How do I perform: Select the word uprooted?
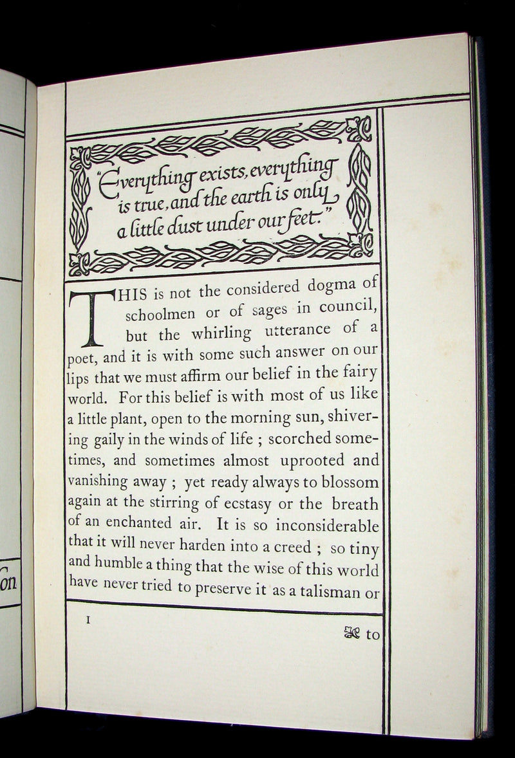pos(310,460)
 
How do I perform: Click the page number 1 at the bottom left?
pos(88,620)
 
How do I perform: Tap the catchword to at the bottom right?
pos(373,634)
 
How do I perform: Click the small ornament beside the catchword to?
pos(353,634)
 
